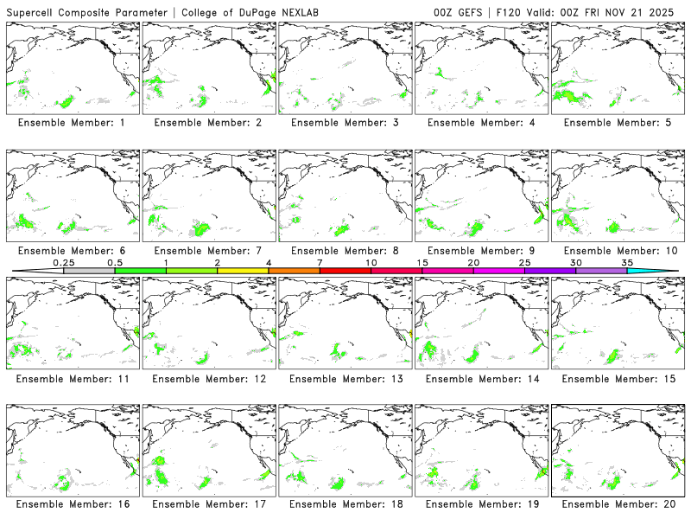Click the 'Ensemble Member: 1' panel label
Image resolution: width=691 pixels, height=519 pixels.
point(71,123)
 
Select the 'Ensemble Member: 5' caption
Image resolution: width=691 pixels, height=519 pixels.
point(617,123)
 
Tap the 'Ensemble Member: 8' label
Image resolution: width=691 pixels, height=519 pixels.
point(344,251)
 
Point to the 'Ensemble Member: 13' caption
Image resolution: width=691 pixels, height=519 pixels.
point(344,378)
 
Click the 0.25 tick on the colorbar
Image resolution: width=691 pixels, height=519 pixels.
point(63,261)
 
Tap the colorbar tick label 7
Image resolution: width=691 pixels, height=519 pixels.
point(320,261)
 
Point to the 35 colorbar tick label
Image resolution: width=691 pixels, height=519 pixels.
point(627,261)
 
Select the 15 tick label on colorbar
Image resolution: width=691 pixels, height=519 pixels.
point(422,261)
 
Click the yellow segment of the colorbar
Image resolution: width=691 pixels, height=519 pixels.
point(243,271)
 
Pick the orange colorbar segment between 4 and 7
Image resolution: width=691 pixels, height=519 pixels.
point(294,271)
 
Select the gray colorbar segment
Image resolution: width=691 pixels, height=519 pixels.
point(89,271)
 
